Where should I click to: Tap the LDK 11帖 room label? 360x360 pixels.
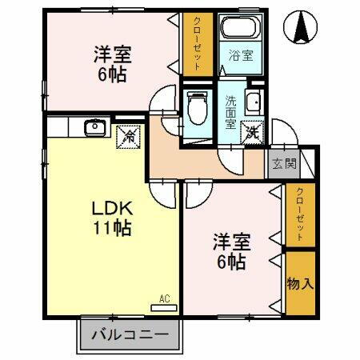click(x=111, y=216)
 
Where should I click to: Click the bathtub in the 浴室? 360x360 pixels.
click(x=240, y=30)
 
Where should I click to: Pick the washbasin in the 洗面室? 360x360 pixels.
click(x=254, y=103)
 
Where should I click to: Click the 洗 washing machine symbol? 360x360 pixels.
click(x=253, y=133)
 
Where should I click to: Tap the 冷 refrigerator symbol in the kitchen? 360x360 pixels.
click(x=128, y=136)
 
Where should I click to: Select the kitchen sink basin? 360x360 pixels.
click(x=94, y=126)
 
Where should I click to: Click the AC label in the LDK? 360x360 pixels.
click(x=164, y=298)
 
